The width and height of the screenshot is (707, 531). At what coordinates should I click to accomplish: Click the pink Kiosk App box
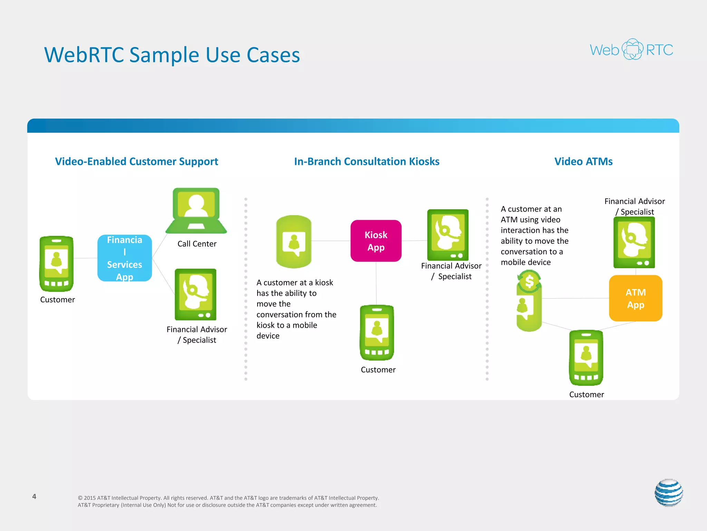[x=376, y=241]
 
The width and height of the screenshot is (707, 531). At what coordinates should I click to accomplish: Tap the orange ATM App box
[x=636, y=298]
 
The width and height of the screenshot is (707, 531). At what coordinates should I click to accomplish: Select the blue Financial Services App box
[x=125, y=258]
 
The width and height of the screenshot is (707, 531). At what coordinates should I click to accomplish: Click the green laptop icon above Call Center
[x=196, y=211]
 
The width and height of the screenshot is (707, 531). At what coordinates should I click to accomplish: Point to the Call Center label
[x=197, y=244]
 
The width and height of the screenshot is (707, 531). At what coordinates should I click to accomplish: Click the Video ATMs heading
[x=583, y=161]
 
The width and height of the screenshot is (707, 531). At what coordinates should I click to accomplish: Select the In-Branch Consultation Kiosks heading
[x=367, y=161]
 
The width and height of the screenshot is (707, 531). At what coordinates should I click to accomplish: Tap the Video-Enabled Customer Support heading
[x=137, y=161]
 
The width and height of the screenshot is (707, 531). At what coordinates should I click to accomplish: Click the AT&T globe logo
[x=669, y=493]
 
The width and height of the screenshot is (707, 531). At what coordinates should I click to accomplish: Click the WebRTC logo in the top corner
[x=631, y=49]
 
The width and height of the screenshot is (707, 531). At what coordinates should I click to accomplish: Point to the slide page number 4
[x=34, y=496]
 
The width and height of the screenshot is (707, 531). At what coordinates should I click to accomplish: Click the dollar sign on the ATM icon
[x=529, y=282]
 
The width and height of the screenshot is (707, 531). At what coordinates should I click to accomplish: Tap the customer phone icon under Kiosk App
[x=377, y=333]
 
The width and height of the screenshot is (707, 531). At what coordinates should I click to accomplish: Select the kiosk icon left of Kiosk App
[x=294, y=242]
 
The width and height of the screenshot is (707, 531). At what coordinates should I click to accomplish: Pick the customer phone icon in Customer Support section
[x=57, y=264]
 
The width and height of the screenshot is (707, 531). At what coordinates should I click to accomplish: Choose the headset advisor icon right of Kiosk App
[x=448, y=235]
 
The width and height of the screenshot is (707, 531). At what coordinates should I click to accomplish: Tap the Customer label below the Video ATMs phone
[x=587, y=394]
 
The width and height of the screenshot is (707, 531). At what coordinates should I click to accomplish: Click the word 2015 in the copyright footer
[x=90, y=498]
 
